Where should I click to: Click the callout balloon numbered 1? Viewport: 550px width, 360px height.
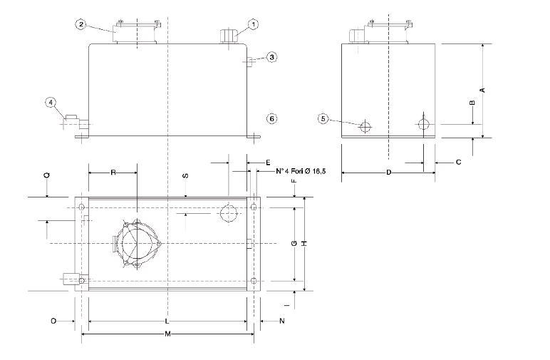pos(254,24)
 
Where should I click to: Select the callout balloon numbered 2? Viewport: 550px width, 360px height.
pos(82,24)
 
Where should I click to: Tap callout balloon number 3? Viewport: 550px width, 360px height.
pos(272,57)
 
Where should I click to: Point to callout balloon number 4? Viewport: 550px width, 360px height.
pos(51,103)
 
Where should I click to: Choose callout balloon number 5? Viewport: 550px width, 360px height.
pos(324,119)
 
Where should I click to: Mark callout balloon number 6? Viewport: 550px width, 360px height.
pos(271,118)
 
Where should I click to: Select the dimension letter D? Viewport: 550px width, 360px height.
pos(388,173)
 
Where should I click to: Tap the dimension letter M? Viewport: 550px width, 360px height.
pos(167,334)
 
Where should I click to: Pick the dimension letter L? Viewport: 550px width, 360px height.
pos(167,322)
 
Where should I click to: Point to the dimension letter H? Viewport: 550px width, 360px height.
pos(304,244)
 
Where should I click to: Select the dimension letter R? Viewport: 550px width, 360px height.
pos(113,173)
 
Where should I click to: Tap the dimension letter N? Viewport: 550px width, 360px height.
pos(281,322)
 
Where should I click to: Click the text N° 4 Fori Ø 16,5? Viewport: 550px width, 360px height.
pos(300,172)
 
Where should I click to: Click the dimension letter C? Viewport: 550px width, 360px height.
pos(457,163)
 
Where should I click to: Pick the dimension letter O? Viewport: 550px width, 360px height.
pos(53,322)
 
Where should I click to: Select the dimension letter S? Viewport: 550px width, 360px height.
pos(185,175)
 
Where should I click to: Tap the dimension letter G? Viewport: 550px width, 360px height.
pos(294,244)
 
